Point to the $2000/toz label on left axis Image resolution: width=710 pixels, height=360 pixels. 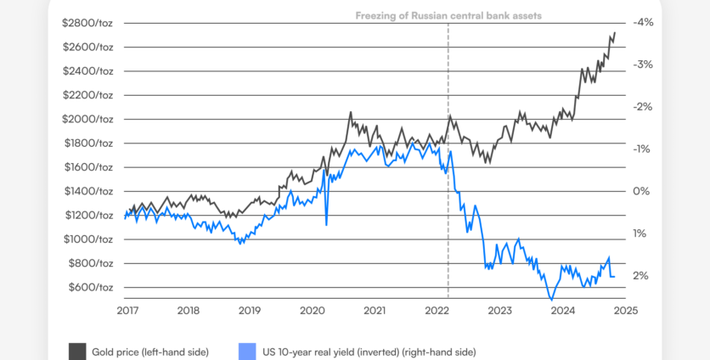pos(88,119)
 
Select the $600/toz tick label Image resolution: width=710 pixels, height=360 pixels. pos(91,287)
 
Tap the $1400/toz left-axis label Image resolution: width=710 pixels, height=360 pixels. pos(88,191)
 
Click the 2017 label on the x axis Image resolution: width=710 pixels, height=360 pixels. pos(127,311)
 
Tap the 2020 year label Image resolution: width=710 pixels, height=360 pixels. pos(313,311)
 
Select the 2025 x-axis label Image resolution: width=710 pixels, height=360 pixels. pos(625,311)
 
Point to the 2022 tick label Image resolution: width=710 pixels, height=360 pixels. pos(437,311)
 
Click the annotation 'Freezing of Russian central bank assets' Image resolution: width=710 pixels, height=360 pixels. pos(448,15)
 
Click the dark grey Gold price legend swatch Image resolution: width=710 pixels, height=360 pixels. pos(77,351)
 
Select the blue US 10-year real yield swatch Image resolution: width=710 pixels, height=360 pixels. pos(247,351)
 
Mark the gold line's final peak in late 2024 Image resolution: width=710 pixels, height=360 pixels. pos(615,33)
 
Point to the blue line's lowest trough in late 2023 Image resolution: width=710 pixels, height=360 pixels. pos(552,300)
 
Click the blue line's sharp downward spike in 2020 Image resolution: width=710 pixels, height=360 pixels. pos(326,225)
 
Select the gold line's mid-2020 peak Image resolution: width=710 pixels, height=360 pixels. pos(350,112)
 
